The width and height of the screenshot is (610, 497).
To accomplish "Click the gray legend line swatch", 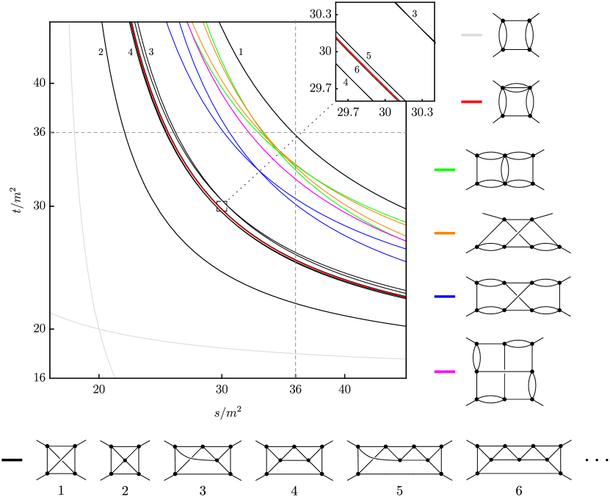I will point(471,35).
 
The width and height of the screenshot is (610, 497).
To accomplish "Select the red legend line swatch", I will point(471,101).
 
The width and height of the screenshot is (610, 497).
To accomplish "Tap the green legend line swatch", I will point(445,170).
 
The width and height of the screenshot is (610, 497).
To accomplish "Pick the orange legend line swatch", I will point(445,233).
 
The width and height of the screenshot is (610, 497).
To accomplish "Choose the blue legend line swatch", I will point(445,297).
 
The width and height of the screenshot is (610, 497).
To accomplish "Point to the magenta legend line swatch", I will point(445,371).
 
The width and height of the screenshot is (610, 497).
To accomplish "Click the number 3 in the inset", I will point(414,14).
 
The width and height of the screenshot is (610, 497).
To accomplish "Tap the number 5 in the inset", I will point(368,57).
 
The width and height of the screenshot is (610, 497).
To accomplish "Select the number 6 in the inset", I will point(357,70).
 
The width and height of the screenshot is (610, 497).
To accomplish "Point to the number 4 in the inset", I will point(346,82).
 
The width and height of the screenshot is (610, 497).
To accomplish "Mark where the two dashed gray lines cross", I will point(296,132).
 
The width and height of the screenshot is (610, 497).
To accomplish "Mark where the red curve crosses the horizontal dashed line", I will point(167,132).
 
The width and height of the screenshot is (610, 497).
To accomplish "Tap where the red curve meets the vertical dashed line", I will point(296,260).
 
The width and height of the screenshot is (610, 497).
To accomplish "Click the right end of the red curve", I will point(405,297).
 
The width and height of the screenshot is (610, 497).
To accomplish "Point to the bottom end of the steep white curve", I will point(115,377).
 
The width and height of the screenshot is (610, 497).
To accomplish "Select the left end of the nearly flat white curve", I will point(51,313).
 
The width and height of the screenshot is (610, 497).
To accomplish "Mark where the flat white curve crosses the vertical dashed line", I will point(296,353).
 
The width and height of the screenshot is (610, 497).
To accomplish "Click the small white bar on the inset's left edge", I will point(335,46).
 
